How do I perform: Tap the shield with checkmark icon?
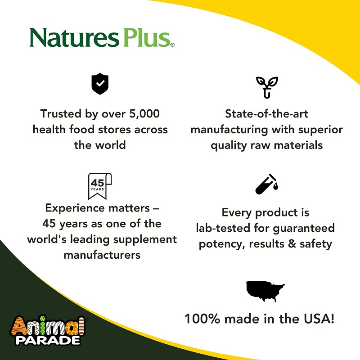tap(100, 85)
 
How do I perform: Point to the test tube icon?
tap(266, 185)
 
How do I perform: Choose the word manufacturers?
tap(102, 255)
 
